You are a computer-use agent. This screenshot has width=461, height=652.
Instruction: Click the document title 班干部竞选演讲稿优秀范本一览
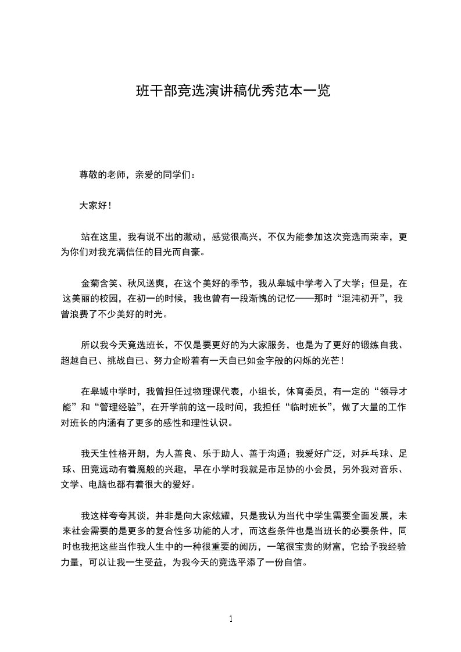233,91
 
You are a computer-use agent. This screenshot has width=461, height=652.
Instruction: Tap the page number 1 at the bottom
231,618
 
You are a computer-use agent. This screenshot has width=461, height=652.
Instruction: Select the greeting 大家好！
95,205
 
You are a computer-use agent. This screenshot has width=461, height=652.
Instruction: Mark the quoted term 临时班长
303,407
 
